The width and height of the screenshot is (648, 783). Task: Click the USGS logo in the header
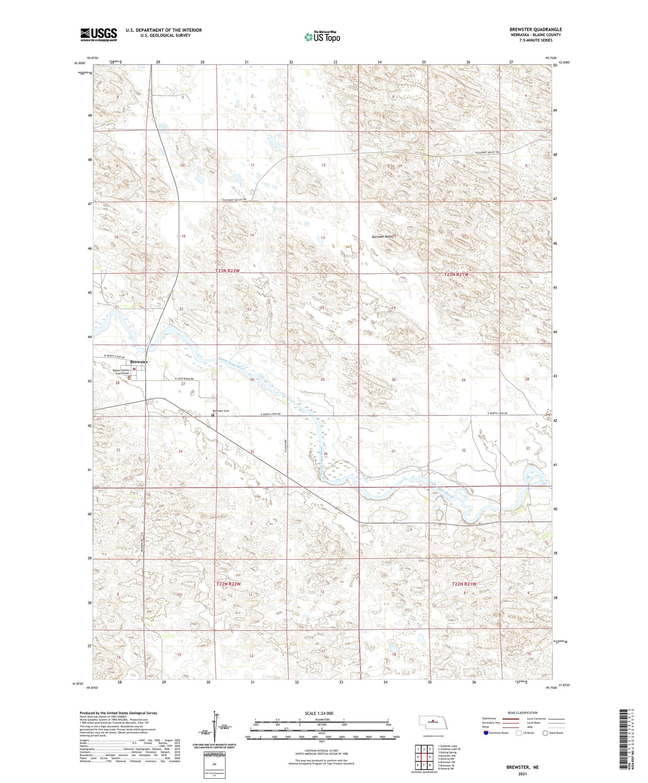click(98, 35)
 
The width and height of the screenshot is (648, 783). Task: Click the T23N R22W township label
click(227, 270)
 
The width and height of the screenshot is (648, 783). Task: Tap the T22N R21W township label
click(464, 584)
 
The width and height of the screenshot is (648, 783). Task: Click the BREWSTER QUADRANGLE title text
click(535, 30)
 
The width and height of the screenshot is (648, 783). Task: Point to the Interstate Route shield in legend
click(486, 733)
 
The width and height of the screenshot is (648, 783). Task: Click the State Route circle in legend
click(545, 733)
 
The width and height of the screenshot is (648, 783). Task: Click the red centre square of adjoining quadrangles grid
click(430, 757)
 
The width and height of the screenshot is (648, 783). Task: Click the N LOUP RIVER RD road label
click(178, 379)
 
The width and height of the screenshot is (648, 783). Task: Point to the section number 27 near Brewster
click(183, 384)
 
